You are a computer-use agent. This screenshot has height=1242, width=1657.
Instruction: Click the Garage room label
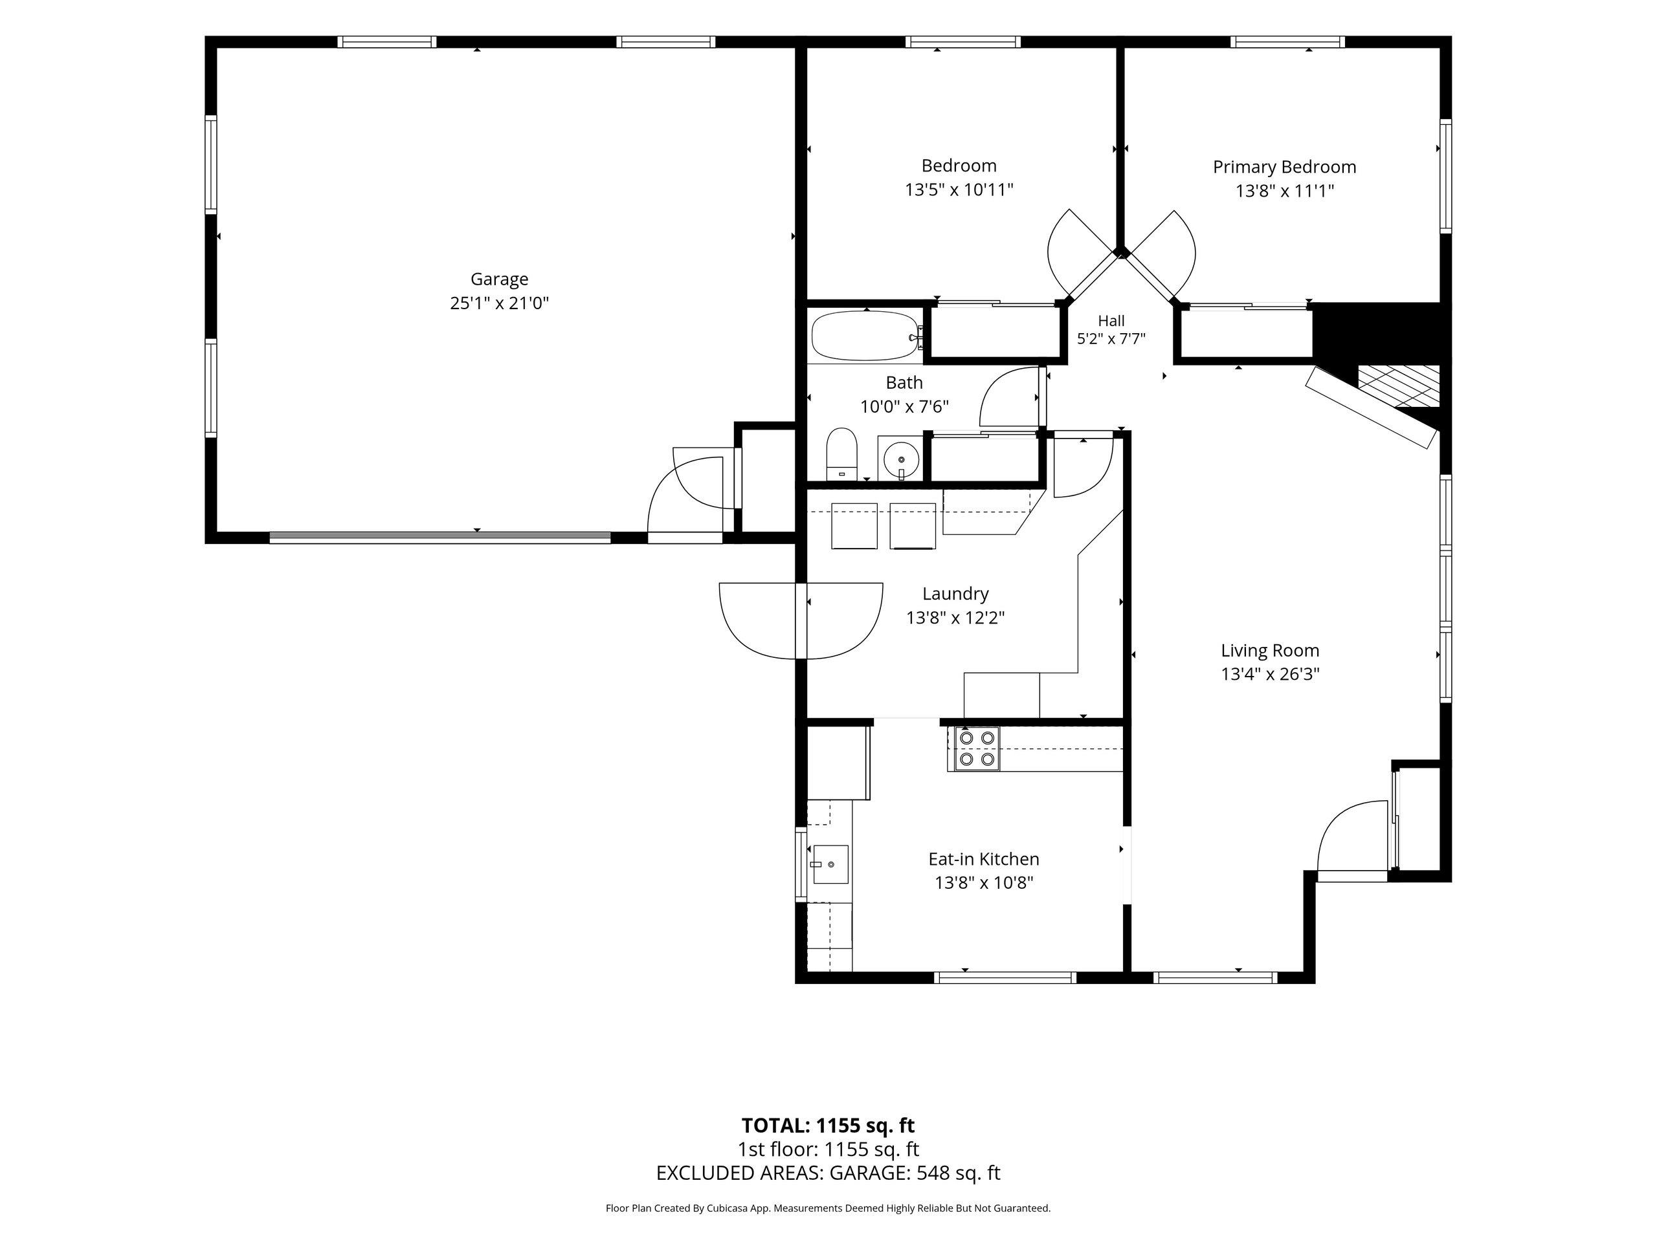click(499, 279)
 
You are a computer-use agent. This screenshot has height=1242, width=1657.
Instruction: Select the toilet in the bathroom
click(842, 453)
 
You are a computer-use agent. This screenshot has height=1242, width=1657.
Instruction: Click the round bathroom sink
click(900, 457)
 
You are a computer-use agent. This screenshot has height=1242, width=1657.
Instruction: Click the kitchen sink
click(830, 864)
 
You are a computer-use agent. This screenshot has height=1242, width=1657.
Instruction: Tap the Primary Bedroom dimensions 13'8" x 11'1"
click(1285, 191)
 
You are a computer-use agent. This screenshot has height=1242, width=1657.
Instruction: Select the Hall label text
click(1111, 320)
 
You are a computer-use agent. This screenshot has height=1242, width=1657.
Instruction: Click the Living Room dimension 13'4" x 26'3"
click(1270, 675)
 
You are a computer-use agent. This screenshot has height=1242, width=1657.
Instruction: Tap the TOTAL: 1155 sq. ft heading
click(828, 1125)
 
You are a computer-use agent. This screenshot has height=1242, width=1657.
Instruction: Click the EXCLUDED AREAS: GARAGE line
click(828, 1173)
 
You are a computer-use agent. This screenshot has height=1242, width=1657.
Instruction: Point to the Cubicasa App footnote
click(828, 1208)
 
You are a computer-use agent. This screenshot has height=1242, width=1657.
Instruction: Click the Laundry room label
click(955, 594)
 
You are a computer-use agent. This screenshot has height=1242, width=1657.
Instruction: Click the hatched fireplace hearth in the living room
click(1399, 386)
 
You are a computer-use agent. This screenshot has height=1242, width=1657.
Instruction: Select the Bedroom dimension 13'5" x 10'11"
click(959, 190)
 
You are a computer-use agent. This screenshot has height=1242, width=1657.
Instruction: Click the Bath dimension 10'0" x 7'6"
click(904, 406)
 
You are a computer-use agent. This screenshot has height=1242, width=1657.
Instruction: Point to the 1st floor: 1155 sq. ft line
click(828, 1149)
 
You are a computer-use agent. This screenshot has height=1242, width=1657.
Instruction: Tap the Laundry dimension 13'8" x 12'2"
click(955, 618)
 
